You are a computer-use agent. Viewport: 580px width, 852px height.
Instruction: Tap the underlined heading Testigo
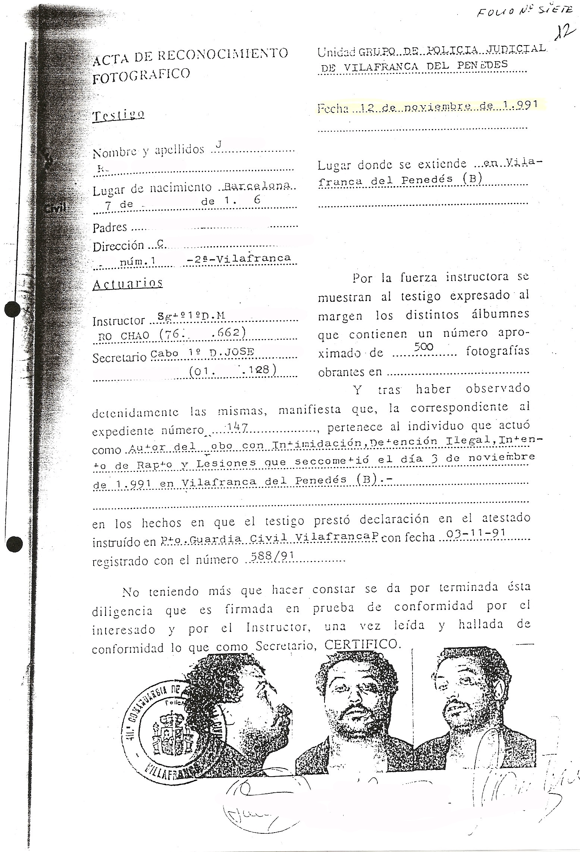119,115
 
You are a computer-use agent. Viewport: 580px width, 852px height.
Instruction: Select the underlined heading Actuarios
128,284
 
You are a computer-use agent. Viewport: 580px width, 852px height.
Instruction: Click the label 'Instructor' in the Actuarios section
118,321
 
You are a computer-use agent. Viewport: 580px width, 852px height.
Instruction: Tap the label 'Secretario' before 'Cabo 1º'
119,357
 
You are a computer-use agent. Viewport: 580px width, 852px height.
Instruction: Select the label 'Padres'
110,227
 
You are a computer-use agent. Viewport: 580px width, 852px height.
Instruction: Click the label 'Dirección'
118,246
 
